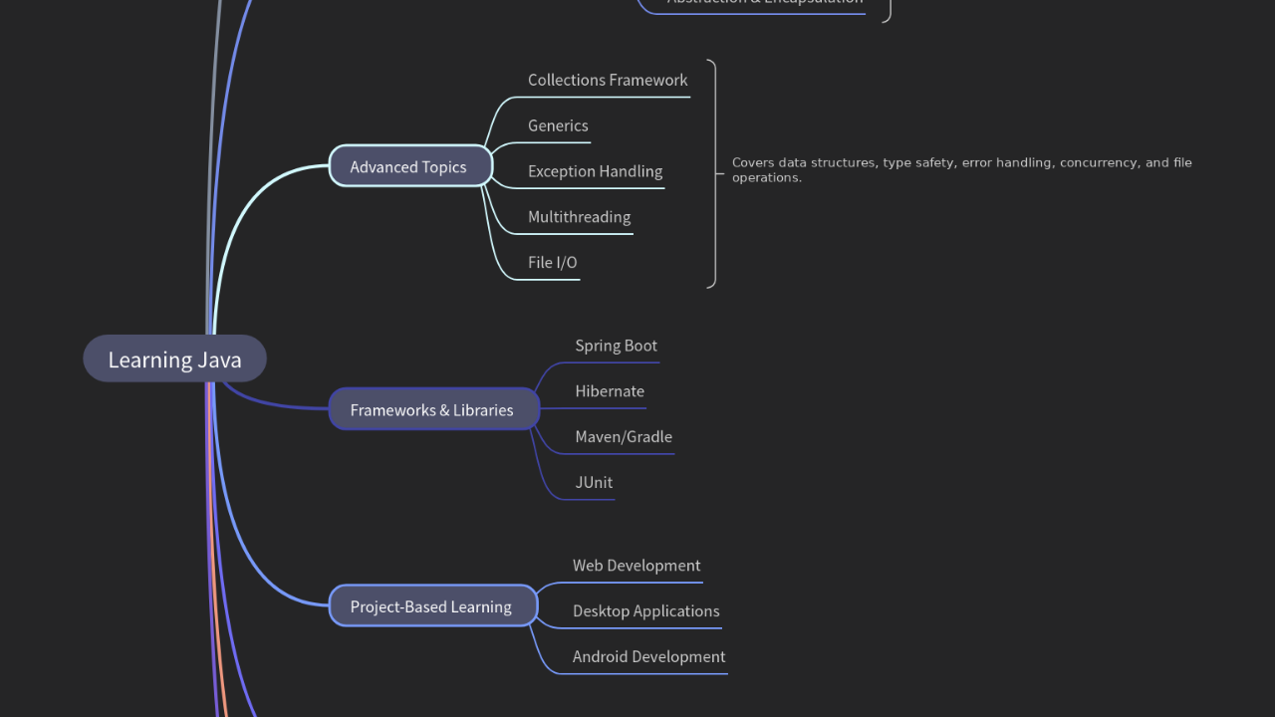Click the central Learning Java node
(x=174, y=359)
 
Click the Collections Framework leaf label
(x=608, y=80)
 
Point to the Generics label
(x=558, y=125)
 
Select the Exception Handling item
(x=595, y=171)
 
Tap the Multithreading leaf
(x=579, y=217)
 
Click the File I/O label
(x=552, y=263)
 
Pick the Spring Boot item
(x=616, y=346)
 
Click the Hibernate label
(x=610, y=391)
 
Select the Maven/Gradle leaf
(x=624, y=437)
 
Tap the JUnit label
(x=594, y=483)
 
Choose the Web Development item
(x=637, y=566)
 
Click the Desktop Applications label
(x=645, y=611)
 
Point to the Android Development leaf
(x=648, y=657)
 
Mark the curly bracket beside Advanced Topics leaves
(x=713, y=173)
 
